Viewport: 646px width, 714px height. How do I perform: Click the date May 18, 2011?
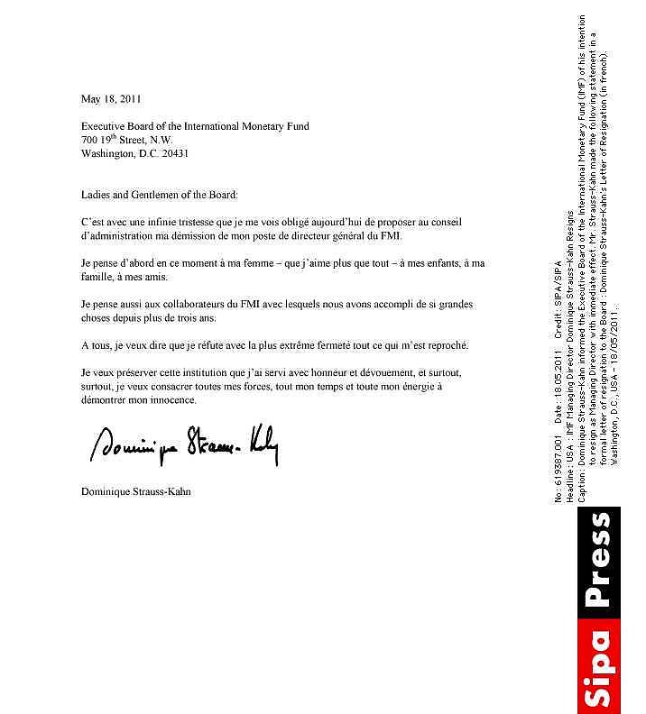(x=110, y=99)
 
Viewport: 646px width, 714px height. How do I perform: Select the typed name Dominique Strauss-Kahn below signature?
(x=135, y=492)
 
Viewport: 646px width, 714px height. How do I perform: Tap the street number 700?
(x=89, y=141)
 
